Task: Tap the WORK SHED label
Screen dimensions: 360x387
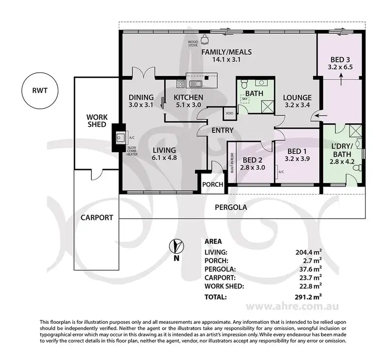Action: click(x=96, y=121)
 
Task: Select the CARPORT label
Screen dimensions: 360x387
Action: click(x=96, y=217)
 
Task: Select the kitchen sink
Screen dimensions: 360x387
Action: click(x=196, y=83)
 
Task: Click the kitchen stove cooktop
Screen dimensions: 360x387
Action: click(x=181, y=84)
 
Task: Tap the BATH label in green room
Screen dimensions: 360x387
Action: click(x=254, y=93)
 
